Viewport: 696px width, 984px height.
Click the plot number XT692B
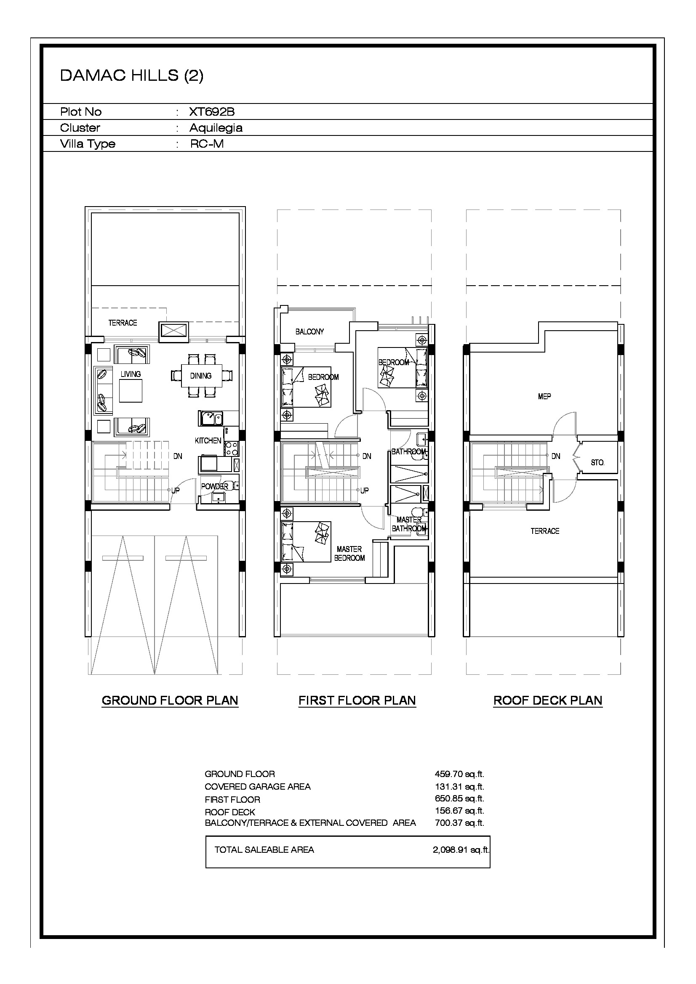tap(212, 112)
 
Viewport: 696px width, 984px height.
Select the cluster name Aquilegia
tap(216, 128)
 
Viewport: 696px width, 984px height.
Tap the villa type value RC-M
tap(207, 143)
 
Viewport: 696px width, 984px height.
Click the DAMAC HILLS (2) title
tap(132, 75)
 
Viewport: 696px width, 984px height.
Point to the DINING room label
tap(201, 376)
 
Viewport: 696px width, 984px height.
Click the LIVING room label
tap(131, 374)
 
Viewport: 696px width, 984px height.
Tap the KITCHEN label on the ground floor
tap(208, 440)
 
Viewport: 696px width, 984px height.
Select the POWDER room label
tap(214, 486)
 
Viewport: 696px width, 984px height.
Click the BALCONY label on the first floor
tap(309, 332)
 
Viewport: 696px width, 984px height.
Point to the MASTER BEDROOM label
tap(349, 554)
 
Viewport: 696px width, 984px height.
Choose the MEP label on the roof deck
tap(544, 397)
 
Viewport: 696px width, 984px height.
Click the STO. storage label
tap(597, 463)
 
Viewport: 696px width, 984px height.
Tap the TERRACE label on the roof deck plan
tap(545, 531)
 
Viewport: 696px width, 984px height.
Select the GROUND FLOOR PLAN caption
tap(170, 701)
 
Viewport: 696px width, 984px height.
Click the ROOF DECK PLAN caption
tap(548, 701)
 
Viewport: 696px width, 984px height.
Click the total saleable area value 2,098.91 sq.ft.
tap(461, 850)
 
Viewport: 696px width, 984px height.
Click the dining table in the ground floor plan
tap(202, 376)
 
